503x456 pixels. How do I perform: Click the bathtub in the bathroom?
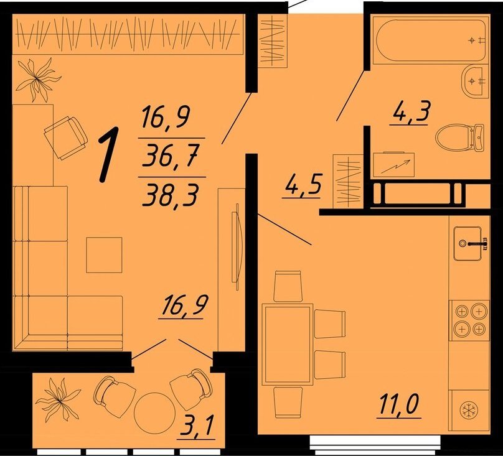pos(431,40)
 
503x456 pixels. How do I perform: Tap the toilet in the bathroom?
pos(459,138)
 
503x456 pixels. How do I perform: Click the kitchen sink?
pos(468,243)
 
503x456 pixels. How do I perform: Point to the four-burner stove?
pos(469,320)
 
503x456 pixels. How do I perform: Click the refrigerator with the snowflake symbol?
pos(469,410)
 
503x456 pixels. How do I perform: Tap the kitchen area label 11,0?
pos(399,405)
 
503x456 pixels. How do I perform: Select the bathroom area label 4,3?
pos(410,112)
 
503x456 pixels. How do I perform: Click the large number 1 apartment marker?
pos(108,154)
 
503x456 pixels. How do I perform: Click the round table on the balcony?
pos(154,413)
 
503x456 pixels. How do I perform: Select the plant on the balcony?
pos(59,399)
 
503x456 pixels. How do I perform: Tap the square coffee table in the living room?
pos(104,255)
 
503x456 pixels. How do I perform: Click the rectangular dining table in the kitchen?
pos(287,344)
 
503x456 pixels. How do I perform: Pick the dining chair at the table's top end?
pos(288,286)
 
